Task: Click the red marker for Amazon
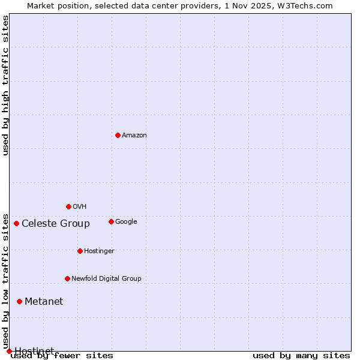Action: [118, 135]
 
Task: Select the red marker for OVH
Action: [68, 206]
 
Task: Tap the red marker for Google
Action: [111, 221]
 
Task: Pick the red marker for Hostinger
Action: [80, 251]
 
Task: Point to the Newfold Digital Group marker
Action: [67, 278]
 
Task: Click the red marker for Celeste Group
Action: [16, 223]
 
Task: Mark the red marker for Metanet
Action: [19, 301]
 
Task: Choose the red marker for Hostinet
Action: [9, 351]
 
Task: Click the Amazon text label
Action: [134, 135]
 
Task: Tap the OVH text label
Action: [80, 206]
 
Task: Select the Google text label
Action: [126, 221]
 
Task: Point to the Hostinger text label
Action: [99, 251]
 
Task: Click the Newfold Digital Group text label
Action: [106, 278]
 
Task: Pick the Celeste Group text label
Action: [56, 224]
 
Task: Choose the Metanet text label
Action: [44, 301]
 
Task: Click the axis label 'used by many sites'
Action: [301, 355]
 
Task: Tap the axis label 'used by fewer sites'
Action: [62, 355]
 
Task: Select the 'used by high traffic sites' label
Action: [5, 85]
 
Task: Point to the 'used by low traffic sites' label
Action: [5, 281]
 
